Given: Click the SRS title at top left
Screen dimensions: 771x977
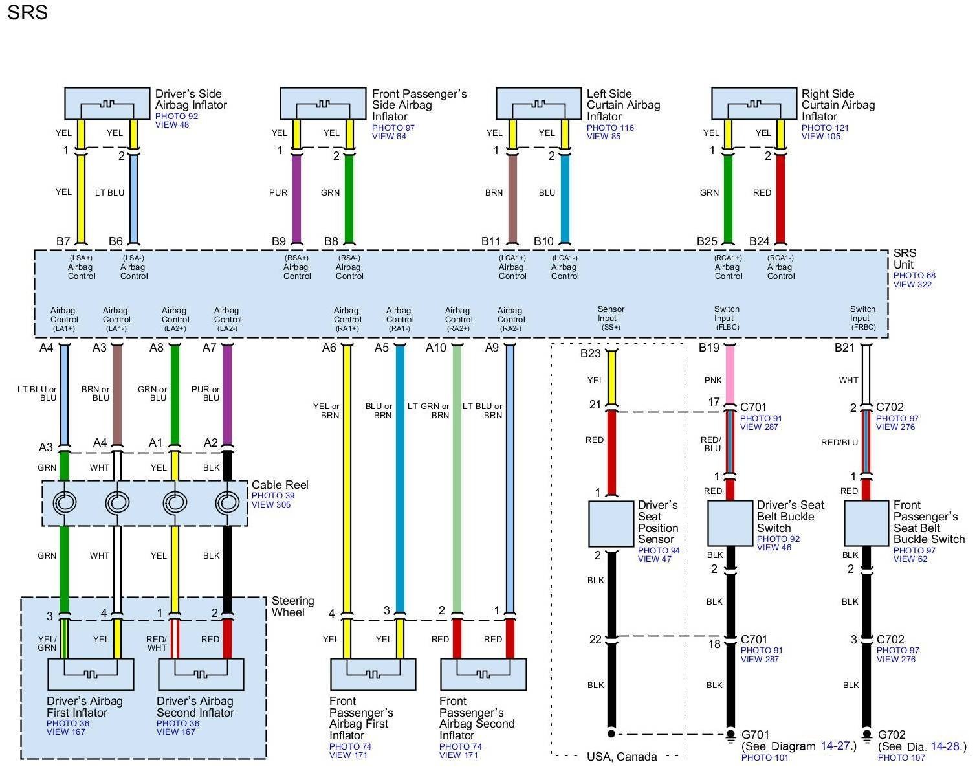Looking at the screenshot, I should (x=28, y=12).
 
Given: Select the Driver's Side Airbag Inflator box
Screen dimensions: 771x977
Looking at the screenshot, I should (x=107, y=104).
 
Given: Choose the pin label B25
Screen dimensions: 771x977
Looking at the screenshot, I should (x=707, y=241).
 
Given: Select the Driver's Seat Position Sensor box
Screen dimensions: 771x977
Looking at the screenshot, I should (x=611, y=524).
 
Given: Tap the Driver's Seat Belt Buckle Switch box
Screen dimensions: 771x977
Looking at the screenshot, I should (x=730, y=523).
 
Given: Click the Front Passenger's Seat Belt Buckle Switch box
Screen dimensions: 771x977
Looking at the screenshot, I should (x=866, y=523).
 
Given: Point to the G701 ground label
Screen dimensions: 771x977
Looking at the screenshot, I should (x=755, y=735).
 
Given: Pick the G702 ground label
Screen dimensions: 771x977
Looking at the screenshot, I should (x=892, y=735).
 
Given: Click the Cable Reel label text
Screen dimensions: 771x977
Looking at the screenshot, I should (x=280, y=485).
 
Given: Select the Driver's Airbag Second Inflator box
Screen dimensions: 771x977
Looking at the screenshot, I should (x=201, y=675).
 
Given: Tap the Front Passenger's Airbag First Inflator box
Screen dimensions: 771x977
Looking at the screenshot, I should (x=373, y=675).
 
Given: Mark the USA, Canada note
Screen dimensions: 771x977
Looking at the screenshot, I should (x=622, y=757).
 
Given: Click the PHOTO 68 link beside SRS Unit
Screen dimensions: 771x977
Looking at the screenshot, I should (x=914, y=275).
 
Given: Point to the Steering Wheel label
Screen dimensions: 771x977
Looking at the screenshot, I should (x=292, y=607).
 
